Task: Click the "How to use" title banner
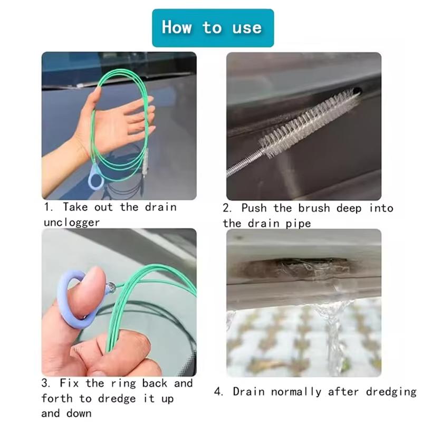pos(213,28)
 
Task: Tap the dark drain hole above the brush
pos(357,91)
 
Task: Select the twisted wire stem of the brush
pos(244,164)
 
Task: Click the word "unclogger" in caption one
pos(72,223)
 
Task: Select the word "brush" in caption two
pos(314,208)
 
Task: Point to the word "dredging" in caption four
pos(391,392)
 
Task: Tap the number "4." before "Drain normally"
pos(218,392)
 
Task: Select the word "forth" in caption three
pos(57,398)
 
